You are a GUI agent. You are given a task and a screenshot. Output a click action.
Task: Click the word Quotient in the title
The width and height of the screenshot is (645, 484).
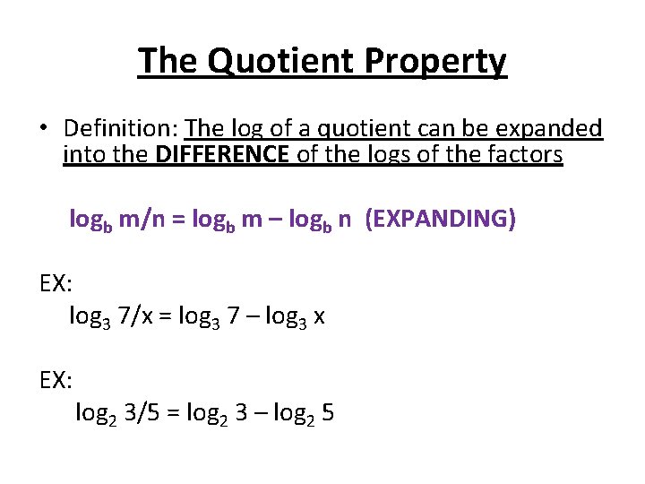coord(263,61)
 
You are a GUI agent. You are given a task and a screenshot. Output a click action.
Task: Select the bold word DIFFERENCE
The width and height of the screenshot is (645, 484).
coord(222,156)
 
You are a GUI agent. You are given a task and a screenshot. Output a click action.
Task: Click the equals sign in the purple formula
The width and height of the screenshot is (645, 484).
coord(181,220)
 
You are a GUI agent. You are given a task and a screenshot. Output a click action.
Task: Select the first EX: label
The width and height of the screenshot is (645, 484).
coord(56,284)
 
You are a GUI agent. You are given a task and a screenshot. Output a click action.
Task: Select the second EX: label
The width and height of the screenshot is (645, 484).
coord(56,380)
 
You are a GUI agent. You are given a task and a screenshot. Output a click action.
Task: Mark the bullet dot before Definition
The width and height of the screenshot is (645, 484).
coord(42,129)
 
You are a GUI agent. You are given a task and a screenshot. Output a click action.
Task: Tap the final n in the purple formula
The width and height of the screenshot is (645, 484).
coord(345,221)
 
